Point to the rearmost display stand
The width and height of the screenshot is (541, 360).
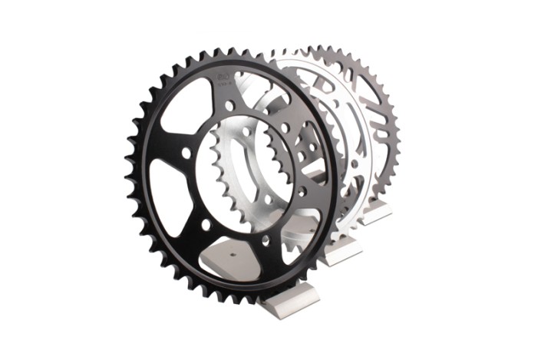376,213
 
